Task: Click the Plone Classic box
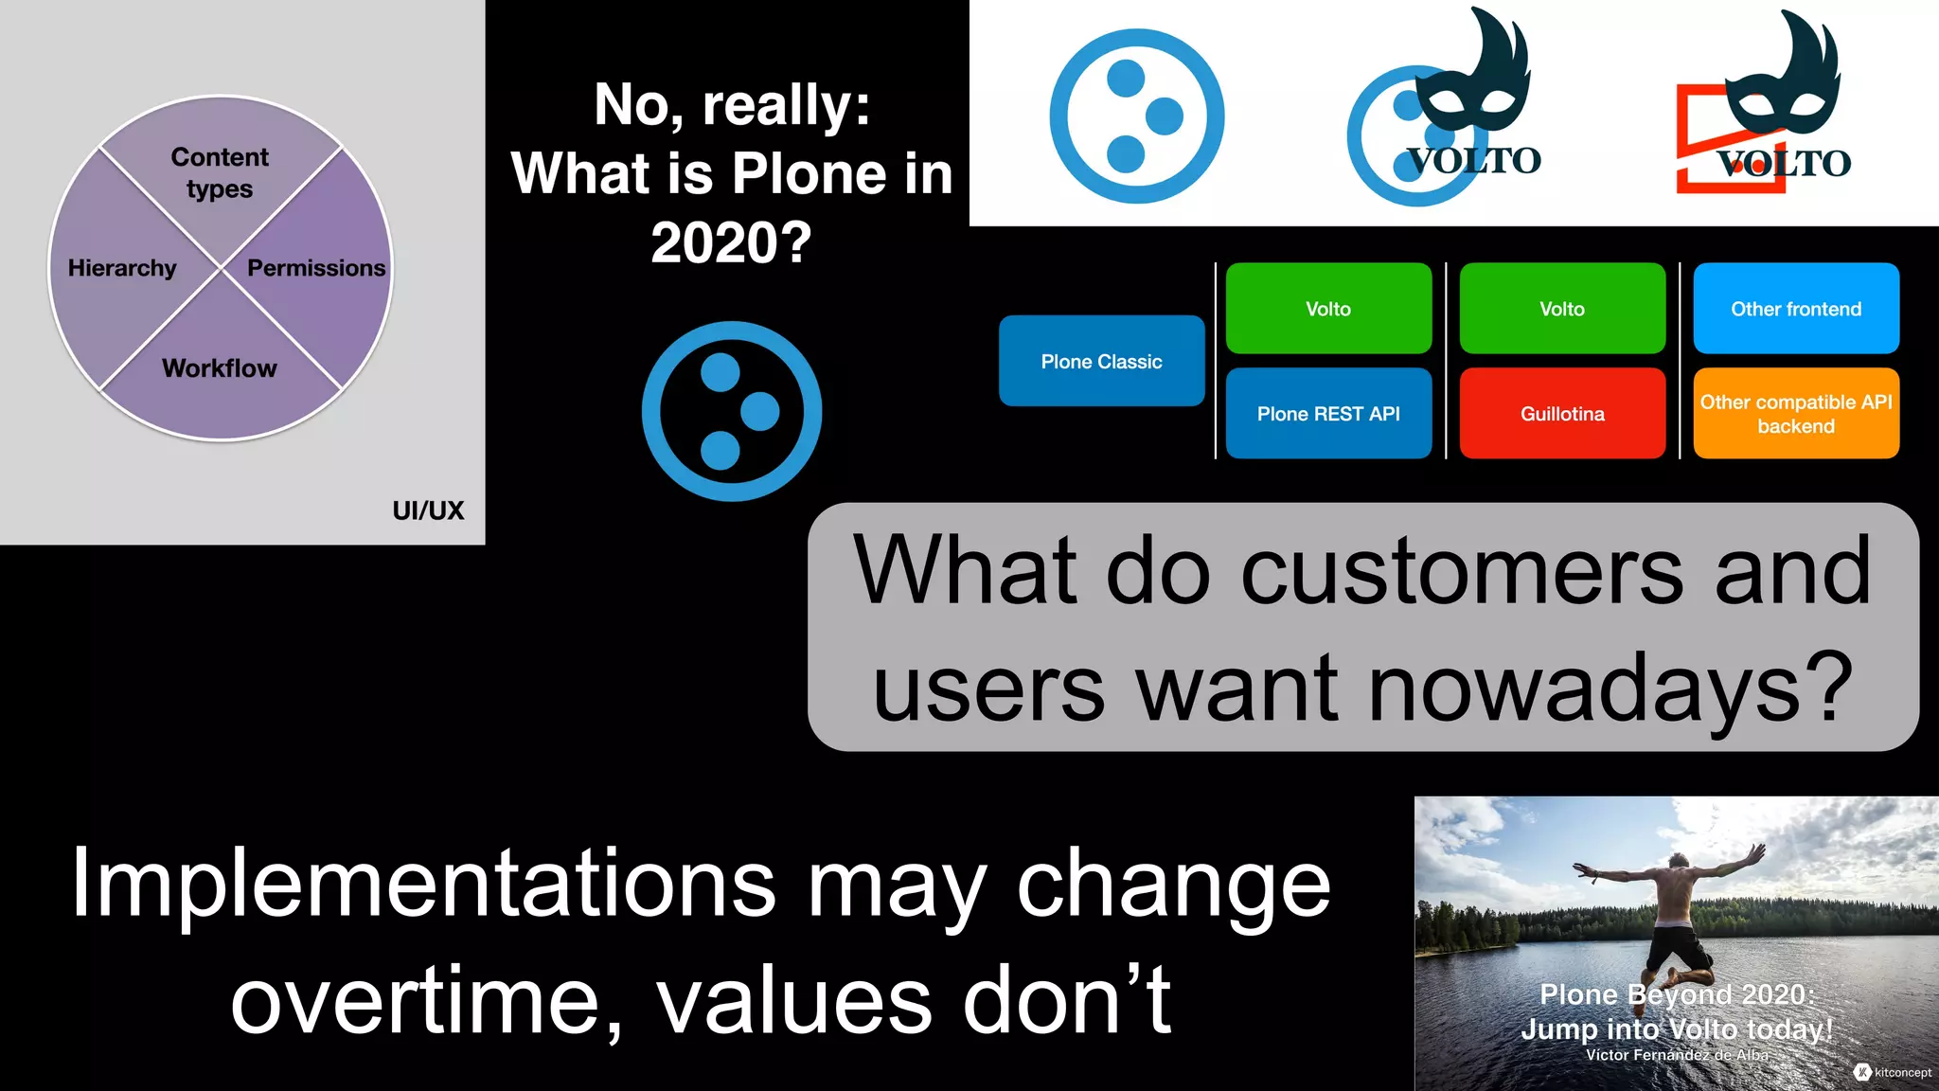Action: click(1101, 361)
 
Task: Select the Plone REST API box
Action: click(1327, 414)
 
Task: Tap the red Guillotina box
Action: click(1562, 414)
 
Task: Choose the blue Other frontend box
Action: click(1796, 309)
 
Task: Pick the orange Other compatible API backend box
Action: click(1796, 414)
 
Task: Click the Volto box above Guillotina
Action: click(1562, 309)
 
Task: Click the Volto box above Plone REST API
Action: click(1327, 309)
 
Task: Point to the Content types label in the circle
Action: click(220, 172)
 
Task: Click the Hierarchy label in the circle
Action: click(122, 268)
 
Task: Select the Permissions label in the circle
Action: click(316, 268)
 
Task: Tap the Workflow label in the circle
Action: click(220, 368)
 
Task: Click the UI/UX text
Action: click(428, 510)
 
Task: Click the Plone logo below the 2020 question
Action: click(731, 411)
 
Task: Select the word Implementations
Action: click(423, 884)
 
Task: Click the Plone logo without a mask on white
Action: click(1136, 116)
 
